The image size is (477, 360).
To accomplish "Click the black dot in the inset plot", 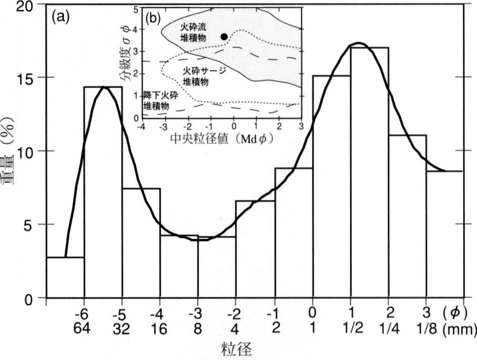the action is point(224,37).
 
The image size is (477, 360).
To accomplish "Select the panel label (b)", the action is point(153,19).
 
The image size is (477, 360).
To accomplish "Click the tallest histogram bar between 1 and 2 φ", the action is point(369,172).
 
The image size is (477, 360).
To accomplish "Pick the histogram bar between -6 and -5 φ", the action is point(103,192).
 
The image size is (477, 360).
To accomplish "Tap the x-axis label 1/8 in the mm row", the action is point(427,329).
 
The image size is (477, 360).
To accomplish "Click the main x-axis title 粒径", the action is point(236,349).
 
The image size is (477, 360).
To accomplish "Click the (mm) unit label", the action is point(460,329).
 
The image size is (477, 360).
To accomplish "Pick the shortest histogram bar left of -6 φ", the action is point(65,277).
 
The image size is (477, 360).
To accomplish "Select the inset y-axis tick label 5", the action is point(137,9).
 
